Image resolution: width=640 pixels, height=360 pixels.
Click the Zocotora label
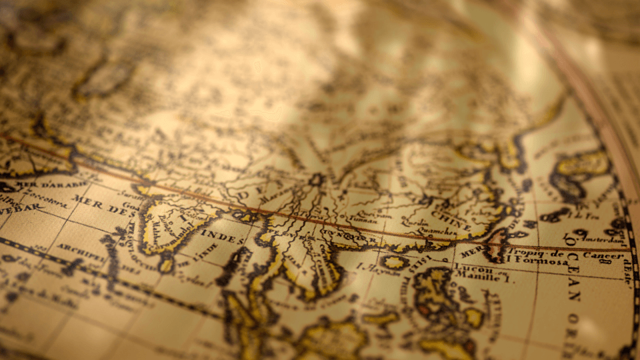pos(50,198)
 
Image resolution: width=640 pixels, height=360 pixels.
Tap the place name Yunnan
pos(364,217)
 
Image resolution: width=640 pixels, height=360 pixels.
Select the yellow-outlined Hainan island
pos(395,262)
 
